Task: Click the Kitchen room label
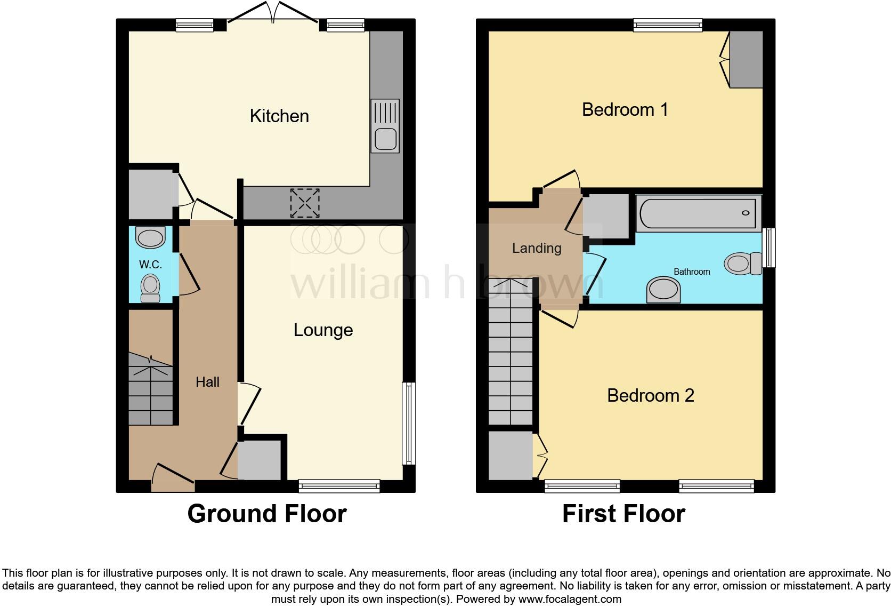pyautogui.click(x=279, y=116)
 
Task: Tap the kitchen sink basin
pyautogui.click(x=385, y=140)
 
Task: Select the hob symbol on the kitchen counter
pyautogui.click(x=305, y=203)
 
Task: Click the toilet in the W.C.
pyautogui.click(x=150, y=288)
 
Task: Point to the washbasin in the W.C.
pyautogui.click(x=150, y=238)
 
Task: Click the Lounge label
pyautogui.click(x=323, y=330)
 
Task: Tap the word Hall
pyautogui.click(x=207, y=382)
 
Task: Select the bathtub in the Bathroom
pyautogui.click(x=698, y=213)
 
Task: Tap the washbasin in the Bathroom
pyautogui.click(x=663, y=290)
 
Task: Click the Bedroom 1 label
pyautogui.click(x=625, y=110)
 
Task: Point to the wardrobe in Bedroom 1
pyautogui.click(x=746, y=59)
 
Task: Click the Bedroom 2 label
pyautogui.click(x=650, y=396)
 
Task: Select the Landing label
pyautogui.click(x=537, y=248)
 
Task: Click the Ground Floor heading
pyautogui.click(x=267, y=514)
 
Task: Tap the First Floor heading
pyautogui.click(x=623, y=514)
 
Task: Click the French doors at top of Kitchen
pyautogui.click(x=273, y=14)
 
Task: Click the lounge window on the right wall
pyautogui.click(x=409, y=422)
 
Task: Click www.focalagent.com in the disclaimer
pyautogui.click(x=570, y=599)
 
